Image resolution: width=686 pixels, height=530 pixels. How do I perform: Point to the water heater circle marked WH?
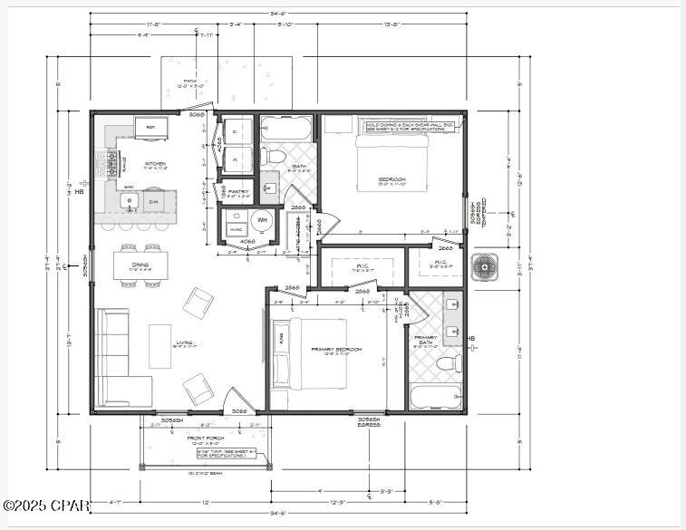tap(262, 219)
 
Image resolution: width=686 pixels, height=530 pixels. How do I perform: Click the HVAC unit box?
tap(236, 228)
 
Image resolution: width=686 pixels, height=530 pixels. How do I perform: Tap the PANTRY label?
tap(238, 192)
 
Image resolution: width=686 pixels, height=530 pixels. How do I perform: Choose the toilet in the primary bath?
tap(445, 364)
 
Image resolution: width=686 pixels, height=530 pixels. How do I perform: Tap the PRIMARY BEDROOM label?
tap(336, 350)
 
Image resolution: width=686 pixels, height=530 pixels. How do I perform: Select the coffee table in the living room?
tap(159, 346)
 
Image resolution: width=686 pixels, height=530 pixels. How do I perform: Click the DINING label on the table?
tap(139, 265)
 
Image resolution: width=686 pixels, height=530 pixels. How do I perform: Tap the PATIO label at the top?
tap(190, 82)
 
